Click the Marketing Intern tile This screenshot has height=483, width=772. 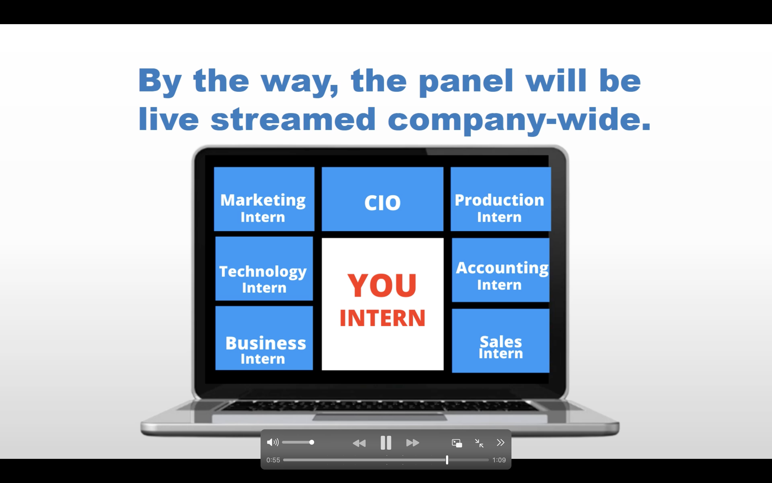click(264, 199)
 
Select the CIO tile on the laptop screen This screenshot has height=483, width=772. click(383, 199)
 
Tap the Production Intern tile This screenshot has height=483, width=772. click(500, 199)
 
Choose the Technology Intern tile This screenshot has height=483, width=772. click(264, 269)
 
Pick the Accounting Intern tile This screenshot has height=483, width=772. click(500, 270)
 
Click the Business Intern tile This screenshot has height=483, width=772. click(264, 338)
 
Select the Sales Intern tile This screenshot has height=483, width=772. click(500, 341)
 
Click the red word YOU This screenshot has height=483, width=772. click(382, 285)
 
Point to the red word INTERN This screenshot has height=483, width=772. click(383, 318)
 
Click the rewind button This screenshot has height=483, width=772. click(359, 443)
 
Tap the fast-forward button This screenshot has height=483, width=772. click(413, 443)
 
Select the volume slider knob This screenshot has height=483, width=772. click(312, 442)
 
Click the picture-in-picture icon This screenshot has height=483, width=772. click(457, 443)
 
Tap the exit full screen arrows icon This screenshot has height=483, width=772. click(479, 443)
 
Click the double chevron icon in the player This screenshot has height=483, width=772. click(500, 442)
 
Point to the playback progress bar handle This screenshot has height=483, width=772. click(447, 460)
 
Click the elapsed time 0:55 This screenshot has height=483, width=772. click(273, 460)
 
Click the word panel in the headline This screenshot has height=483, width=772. click(466, 82)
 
